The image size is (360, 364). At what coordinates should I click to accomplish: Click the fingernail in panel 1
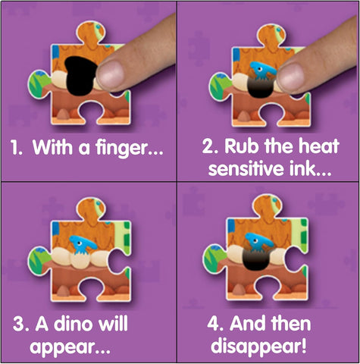click(111, 74)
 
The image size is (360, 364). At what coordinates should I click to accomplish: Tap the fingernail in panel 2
click(290, 77)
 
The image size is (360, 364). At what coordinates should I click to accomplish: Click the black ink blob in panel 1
click(81, 75)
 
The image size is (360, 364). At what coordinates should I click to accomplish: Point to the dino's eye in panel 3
click(80, 243)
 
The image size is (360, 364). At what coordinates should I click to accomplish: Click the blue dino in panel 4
click(259, 243)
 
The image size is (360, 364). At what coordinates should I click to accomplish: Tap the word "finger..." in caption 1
click(129, 148)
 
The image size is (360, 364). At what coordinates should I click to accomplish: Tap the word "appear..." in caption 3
click(70, 347)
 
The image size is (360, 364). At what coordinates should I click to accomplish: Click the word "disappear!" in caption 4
click(259, 345)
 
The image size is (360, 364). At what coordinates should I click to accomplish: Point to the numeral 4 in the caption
click(212, 324)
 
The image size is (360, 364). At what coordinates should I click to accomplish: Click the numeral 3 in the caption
click(17, 325)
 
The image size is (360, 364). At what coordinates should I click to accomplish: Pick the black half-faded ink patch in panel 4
click(256, 259)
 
